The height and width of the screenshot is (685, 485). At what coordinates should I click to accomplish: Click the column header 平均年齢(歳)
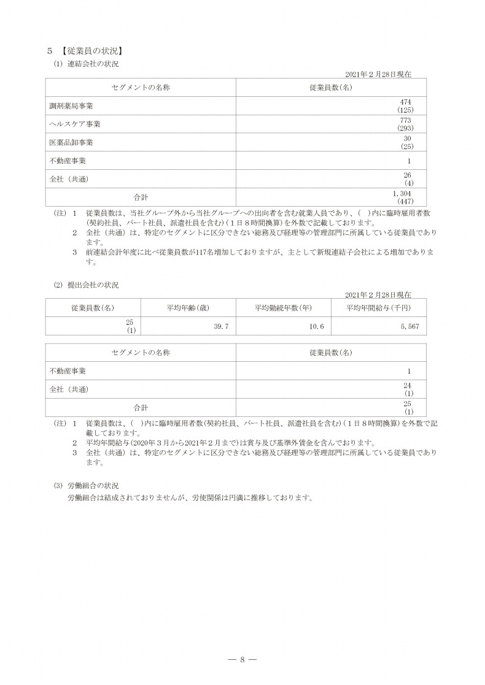[188, 307]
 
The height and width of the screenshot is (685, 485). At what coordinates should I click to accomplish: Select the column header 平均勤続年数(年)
[284, 307]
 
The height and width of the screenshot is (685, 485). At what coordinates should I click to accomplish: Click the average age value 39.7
[221, 326]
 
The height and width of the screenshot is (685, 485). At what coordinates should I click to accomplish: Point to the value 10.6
[316, 326]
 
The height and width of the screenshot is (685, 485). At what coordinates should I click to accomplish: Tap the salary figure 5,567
[409, 326]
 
